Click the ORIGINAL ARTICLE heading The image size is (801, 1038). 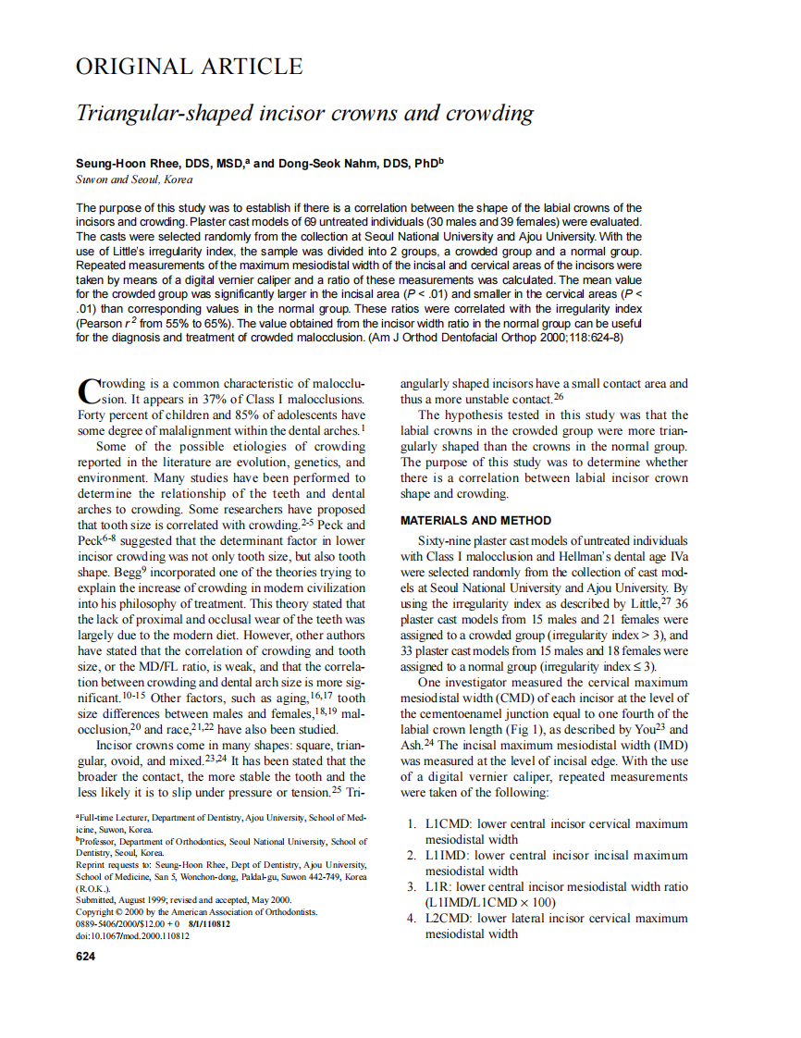click(x=189, y=67)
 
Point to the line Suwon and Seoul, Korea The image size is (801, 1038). click(x=134, y=179)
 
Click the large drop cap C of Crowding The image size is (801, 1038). click(x=88, y=389)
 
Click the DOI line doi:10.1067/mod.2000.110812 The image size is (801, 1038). click(x=132, y=936)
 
